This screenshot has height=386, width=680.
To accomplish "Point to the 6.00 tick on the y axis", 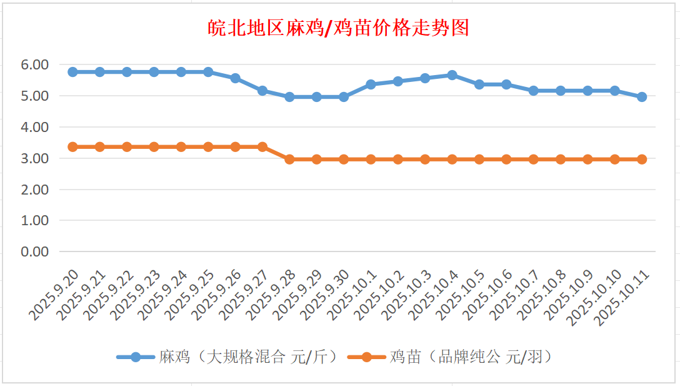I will click(35, 64).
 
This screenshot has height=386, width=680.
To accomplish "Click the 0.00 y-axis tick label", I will click(35, 251).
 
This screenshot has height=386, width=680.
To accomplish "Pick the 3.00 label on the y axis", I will click(35, 158).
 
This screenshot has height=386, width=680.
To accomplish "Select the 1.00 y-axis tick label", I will click(35, 220).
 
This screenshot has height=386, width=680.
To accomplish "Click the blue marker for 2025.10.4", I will click(452, 75).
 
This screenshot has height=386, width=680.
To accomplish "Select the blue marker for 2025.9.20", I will click(72, 72).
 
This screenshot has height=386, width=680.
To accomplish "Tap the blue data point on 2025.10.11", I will click(642, 97).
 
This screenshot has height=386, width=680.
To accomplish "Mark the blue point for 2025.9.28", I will click(289, 97).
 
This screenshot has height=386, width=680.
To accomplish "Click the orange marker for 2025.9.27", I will click(262, 147).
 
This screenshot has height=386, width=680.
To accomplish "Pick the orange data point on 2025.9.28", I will click(289, 160).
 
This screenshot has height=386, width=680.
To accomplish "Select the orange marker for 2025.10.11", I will click(642, 160).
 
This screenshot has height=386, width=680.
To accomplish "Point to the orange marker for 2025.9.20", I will click(72, 147).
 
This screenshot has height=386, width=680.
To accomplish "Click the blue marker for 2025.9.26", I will click(235, 78).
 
